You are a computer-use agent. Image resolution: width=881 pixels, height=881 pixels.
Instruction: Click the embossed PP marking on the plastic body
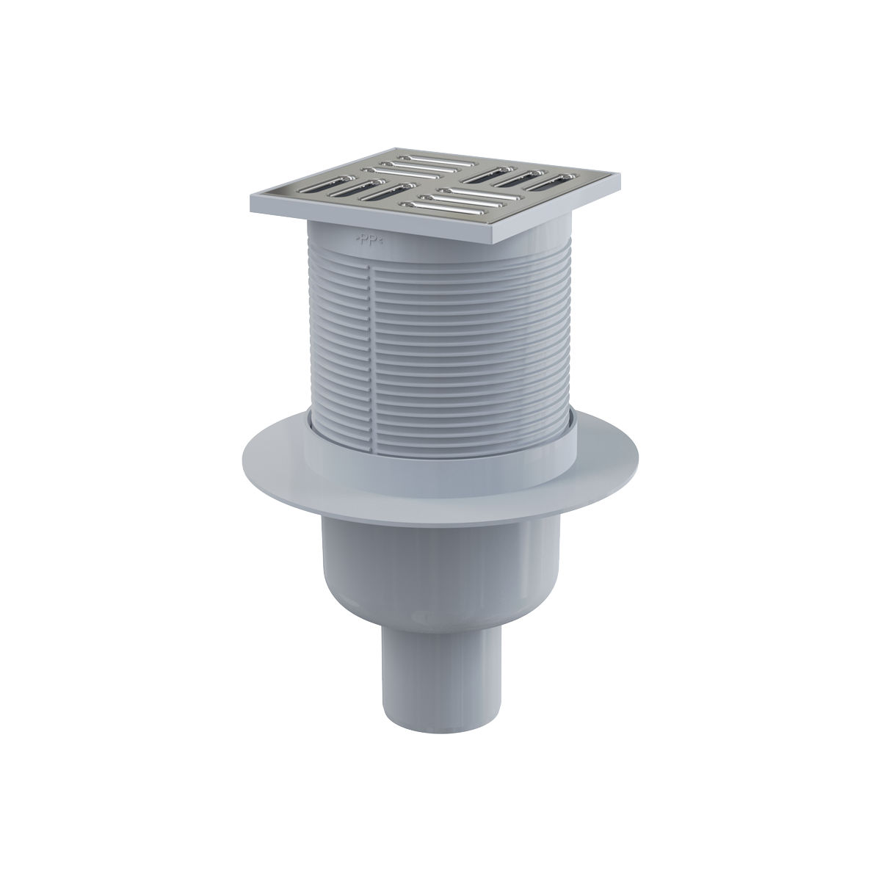point(370,239)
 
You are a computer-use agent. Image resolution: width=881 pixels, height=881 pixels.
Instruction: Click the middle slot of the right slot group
point(521,178)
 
